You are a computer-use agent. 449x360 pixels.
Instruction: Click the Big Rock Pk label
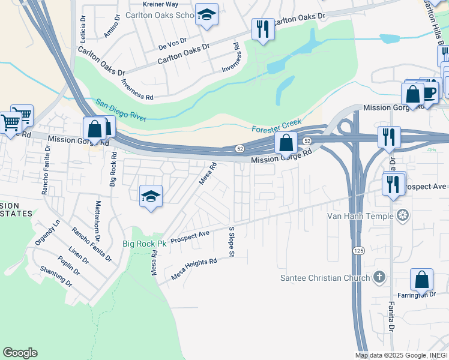tap(144, 244)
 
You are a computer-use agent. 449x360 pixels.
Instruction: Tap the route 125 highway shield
tap(358, 250)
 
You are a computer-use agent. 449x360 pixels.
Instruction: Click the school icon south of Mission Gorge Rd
tap(151, 196)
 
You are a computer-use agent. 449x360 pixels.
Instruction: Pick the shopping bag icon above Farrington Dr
tap(421, 280)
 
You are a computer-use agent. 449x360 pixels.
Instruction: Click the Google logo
tap(20, 353)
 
